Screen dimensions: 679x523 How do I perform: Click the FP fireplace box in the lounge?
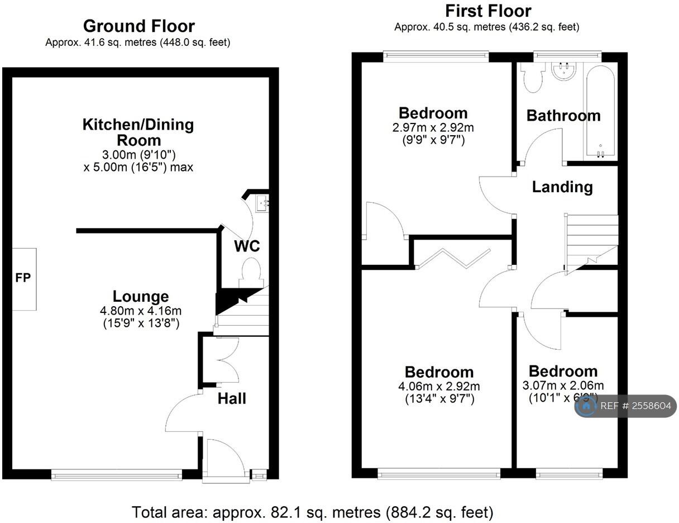[x=23, y=279]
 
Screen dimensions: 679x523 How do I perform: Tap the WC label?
[x=247, y=246]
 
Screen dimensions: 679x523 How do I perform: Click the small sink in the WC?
[x=262, y=203]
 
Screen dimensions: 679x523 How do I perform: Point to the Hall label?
[x=232, y=398]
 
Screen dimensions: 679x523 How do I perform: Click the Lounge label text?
[x=141, y=296]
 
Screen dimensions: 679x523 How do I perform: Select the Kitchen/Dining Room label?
[x=138, y=132]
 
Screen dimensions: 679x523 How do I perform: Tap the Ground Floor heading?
[x=138, y=26]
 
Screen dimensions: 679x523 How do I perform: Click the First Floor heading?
[x=488, y=11]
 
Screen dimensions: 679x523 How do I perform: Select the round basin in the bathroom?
[x=565, y=71]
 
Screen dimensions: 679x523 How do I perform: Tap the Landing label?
[x=562, y=187]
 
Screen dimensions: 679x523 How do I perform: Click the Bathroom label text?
[x=563, y=116]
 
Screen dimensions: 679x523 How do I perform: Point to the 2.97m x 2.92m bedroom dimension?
[x=433, y=128]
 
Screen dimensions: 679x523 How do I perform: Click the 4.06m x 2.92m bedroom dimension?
[x=439, y=386]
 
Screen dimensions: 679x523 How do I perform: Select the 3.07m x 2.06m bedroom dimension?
[x=563, y=385]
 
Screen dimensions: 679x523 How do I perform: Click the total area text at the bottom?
[x=312, y=511]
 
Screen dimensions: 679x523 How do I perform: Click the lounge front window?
[x=116, y=476]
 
